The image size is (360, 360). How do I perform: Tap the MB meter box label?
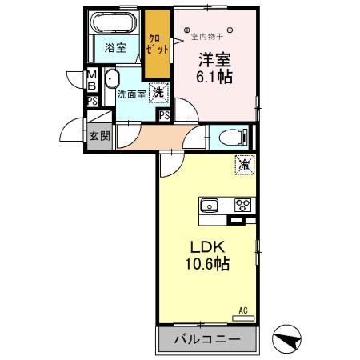point(92,81)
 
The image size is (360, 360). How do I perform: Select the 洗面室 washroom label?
point(130,94)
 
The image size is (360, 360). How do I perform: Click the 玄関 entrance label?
point(99,136)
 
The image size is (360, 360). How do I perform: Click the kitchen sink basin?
point(210,204)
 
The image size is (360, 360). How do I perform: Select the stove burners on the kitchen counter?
point(242,204)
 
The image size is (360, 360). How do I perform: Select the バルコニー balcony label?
point(206,340)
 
